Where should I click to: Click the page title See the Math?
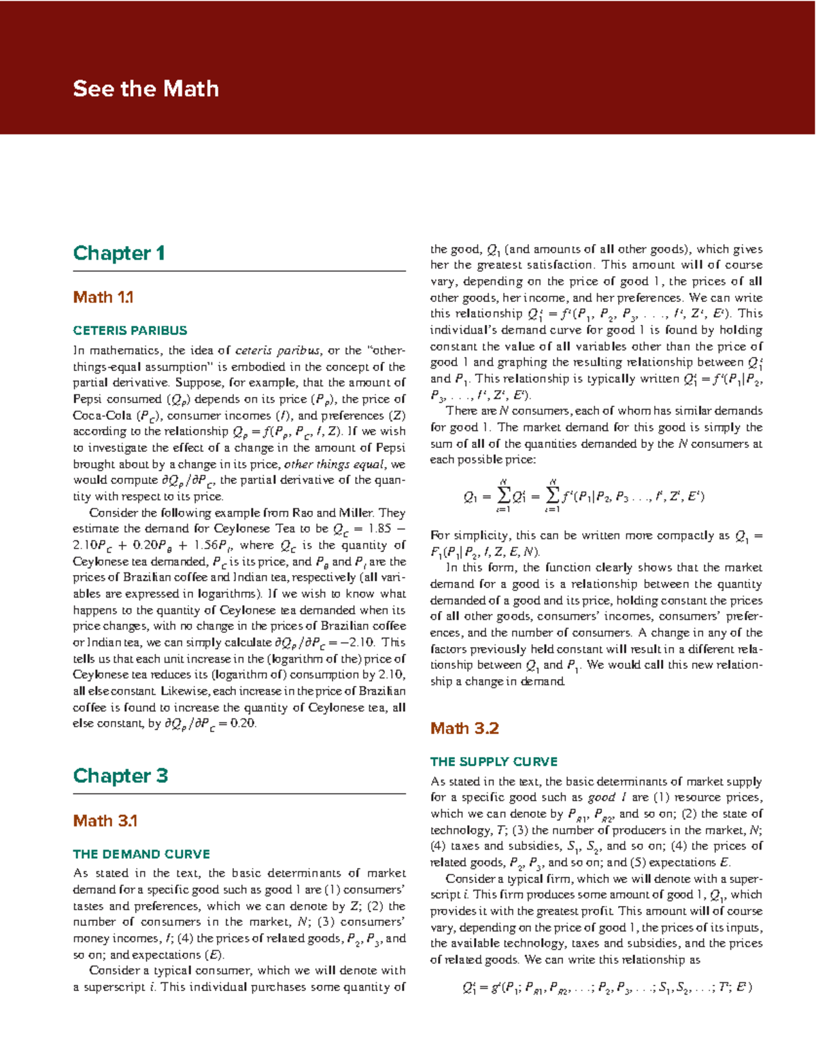[x=146, y=89]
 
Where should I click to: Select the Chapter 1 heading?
[x=119, y=254]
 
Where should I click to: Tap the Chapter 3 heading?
[x=120, y=776]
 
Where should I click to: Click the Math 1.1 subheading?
[x=103, y=297]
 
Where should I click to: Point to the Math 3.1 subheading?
[x=105, y=820]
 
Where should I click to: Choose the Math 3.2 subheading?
[x=464, y=729]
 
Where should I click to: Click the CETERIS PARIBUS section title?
[x=130, y=331]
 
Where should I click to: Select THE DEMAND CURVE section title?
[x=141, y=854]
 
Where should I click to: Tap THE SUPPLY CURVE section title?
[x=494, y=762]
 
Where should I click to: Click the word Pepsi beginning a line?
[x=88, y=400]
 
